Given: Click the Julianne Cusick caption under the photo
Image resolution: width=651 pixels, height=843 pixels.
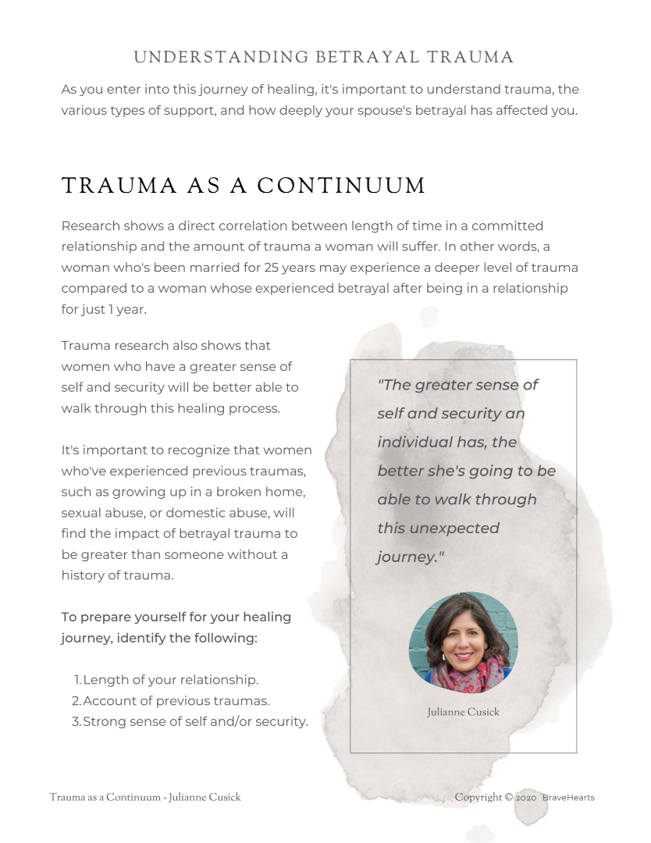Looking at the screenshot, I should (x=463, y=712).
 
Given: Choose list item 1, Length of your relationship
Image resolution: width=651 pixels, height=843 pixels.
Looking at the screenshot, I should (x=170, y=680).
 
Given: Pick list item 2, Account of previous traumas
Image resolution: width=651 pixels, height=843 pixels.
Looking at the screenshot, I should (x=176, y=701).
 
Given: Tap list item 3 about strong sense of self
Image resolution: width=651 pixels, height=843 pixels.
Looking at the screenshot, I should (x=195, y=721).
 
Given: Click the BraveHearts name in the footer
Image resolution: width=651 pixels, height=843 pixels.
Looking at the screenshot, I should (x=568, y=798).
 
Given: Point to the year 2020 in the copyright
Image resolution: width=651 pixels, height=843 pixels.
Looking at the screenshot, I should (x=526, y=798).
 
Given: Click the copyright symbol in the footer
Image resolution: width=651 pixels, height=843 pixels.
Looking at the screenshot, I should (x=508, y=798).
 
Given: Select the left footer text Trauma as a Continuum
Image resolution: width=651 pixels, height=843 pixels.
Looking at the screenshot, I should (x=144, y=798).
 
